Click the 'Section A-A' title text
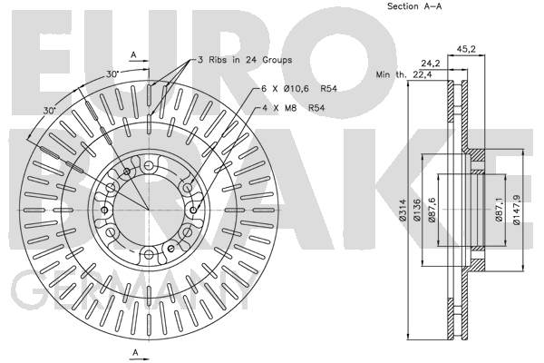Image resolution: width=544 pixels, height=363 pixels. (x=414, y=6)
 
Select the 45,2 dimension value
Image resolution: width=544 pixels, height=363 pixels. (x=466, y=49)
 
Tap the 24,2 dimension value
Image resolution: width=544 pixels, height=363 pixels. (x=431, y=64)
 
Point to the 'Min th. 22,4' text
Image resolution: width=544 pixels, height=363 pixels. (x=404, y=74)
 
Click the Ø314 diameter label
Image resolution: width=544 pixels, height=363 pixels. (x=403, y=210)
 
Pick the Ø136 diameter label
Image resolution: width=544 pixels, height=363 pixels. (x=417, y=210)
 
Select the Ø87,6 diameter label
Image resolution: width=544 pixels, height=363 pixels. (x=432, y=210)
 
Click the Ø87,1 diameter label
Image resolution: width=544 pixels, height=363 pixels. (x=499, y=210)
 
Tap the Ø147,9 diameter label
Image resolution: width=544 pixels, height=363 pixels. (x=516, y=210)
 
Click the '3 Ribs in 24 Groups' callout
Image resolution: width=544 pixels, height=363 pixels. (x=245, y=60)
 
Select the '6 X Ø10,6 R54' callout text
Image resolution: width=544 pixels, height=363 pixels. (x=299, y=89)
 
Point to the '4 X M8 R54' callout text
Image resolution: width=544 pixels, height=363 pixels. (x=293, y=108)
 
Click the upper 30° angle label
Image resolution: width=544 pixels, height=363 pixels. (x=112, y=74)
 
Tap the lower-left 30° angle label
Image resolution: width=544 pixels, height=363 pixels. (x=50, y=111)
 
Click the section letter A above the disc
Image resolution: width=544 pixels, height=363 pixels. (x=133, y=54)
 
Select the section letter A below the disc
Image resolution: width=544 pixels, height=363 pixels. (x=136, y=352)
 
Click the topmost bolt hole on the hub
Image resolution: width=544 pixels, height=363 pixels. (x=149, y=165)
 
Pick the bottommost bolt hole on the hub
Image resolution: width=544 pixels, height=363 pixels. (x=149, y=255)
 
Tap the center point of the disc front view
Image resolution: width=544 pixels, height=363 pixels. (x=149, y=211)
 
